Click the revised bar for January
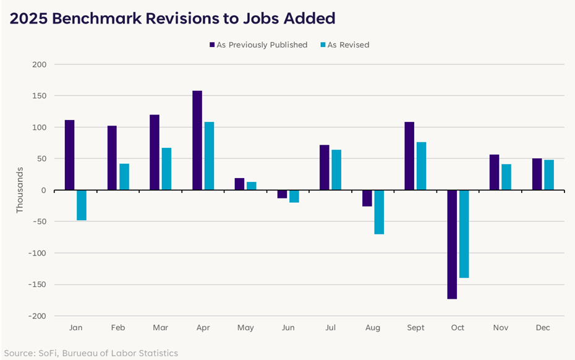tap(82, 205)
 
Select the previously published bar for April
tap(197, 140)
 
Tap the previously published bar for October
tap(452, 244)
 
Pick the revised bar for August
tap(379, 212)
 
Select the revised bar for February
tap(124, 177)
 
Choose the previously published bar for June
tap(282, 194)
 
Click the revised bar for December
tap(549, 175)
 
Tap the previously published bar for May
tap(240, 184)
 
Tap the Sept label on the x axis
tap(415, 328)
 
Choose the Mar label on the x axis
tap(160, 328)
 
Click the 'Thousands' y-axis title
tap(19, 190)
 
